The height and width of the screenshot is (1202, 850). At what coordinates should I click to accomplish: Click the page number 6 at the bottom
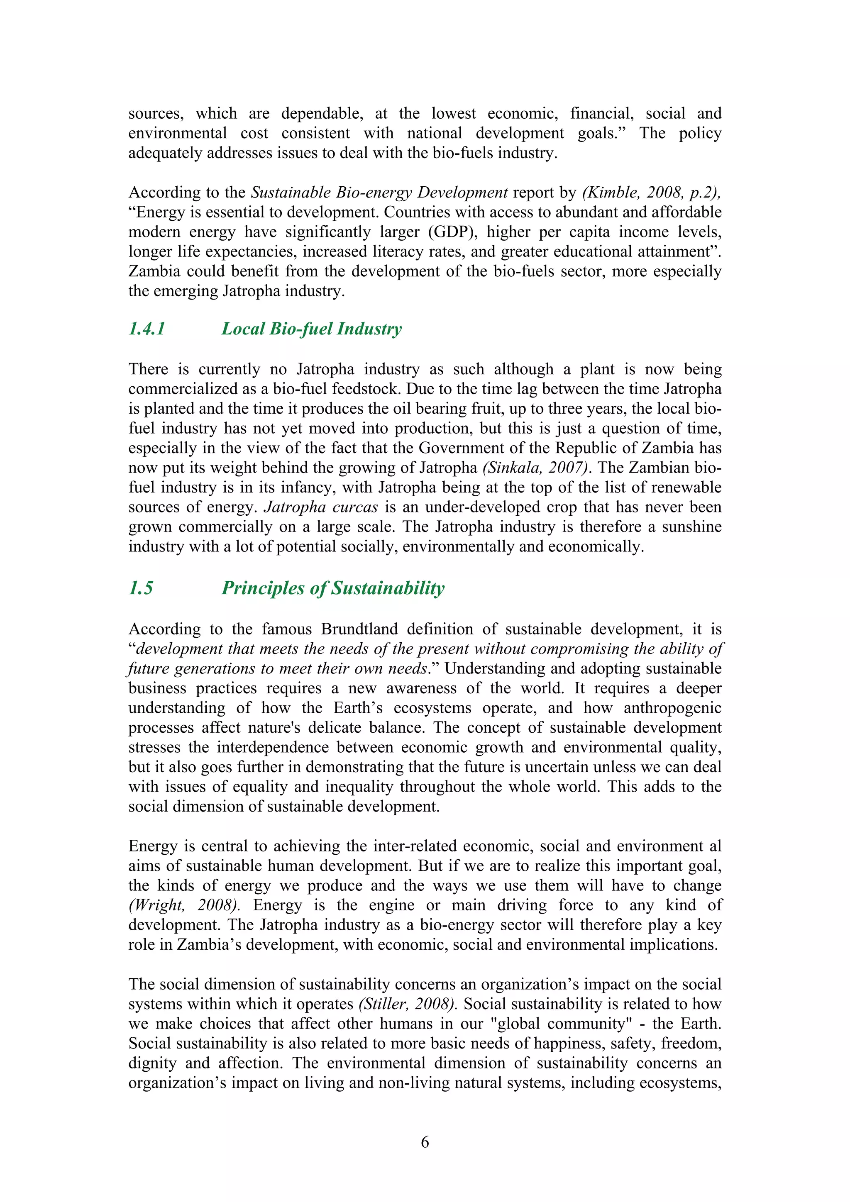click(x=425, y=1142)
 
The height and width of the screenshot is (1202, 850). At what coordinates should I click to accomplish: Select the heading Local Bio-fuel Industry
click(x=312, y=329)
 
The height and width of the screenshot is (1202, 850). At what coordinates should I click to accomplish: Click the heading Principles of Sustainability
click(x=333, y=588)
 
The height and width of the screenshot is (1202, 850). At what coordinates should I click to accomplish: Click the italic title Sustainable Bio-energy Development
click(x=379, y=192)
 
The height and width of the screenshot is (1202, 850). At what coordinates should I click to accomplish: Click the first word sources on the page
click(x=156, y=114)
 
